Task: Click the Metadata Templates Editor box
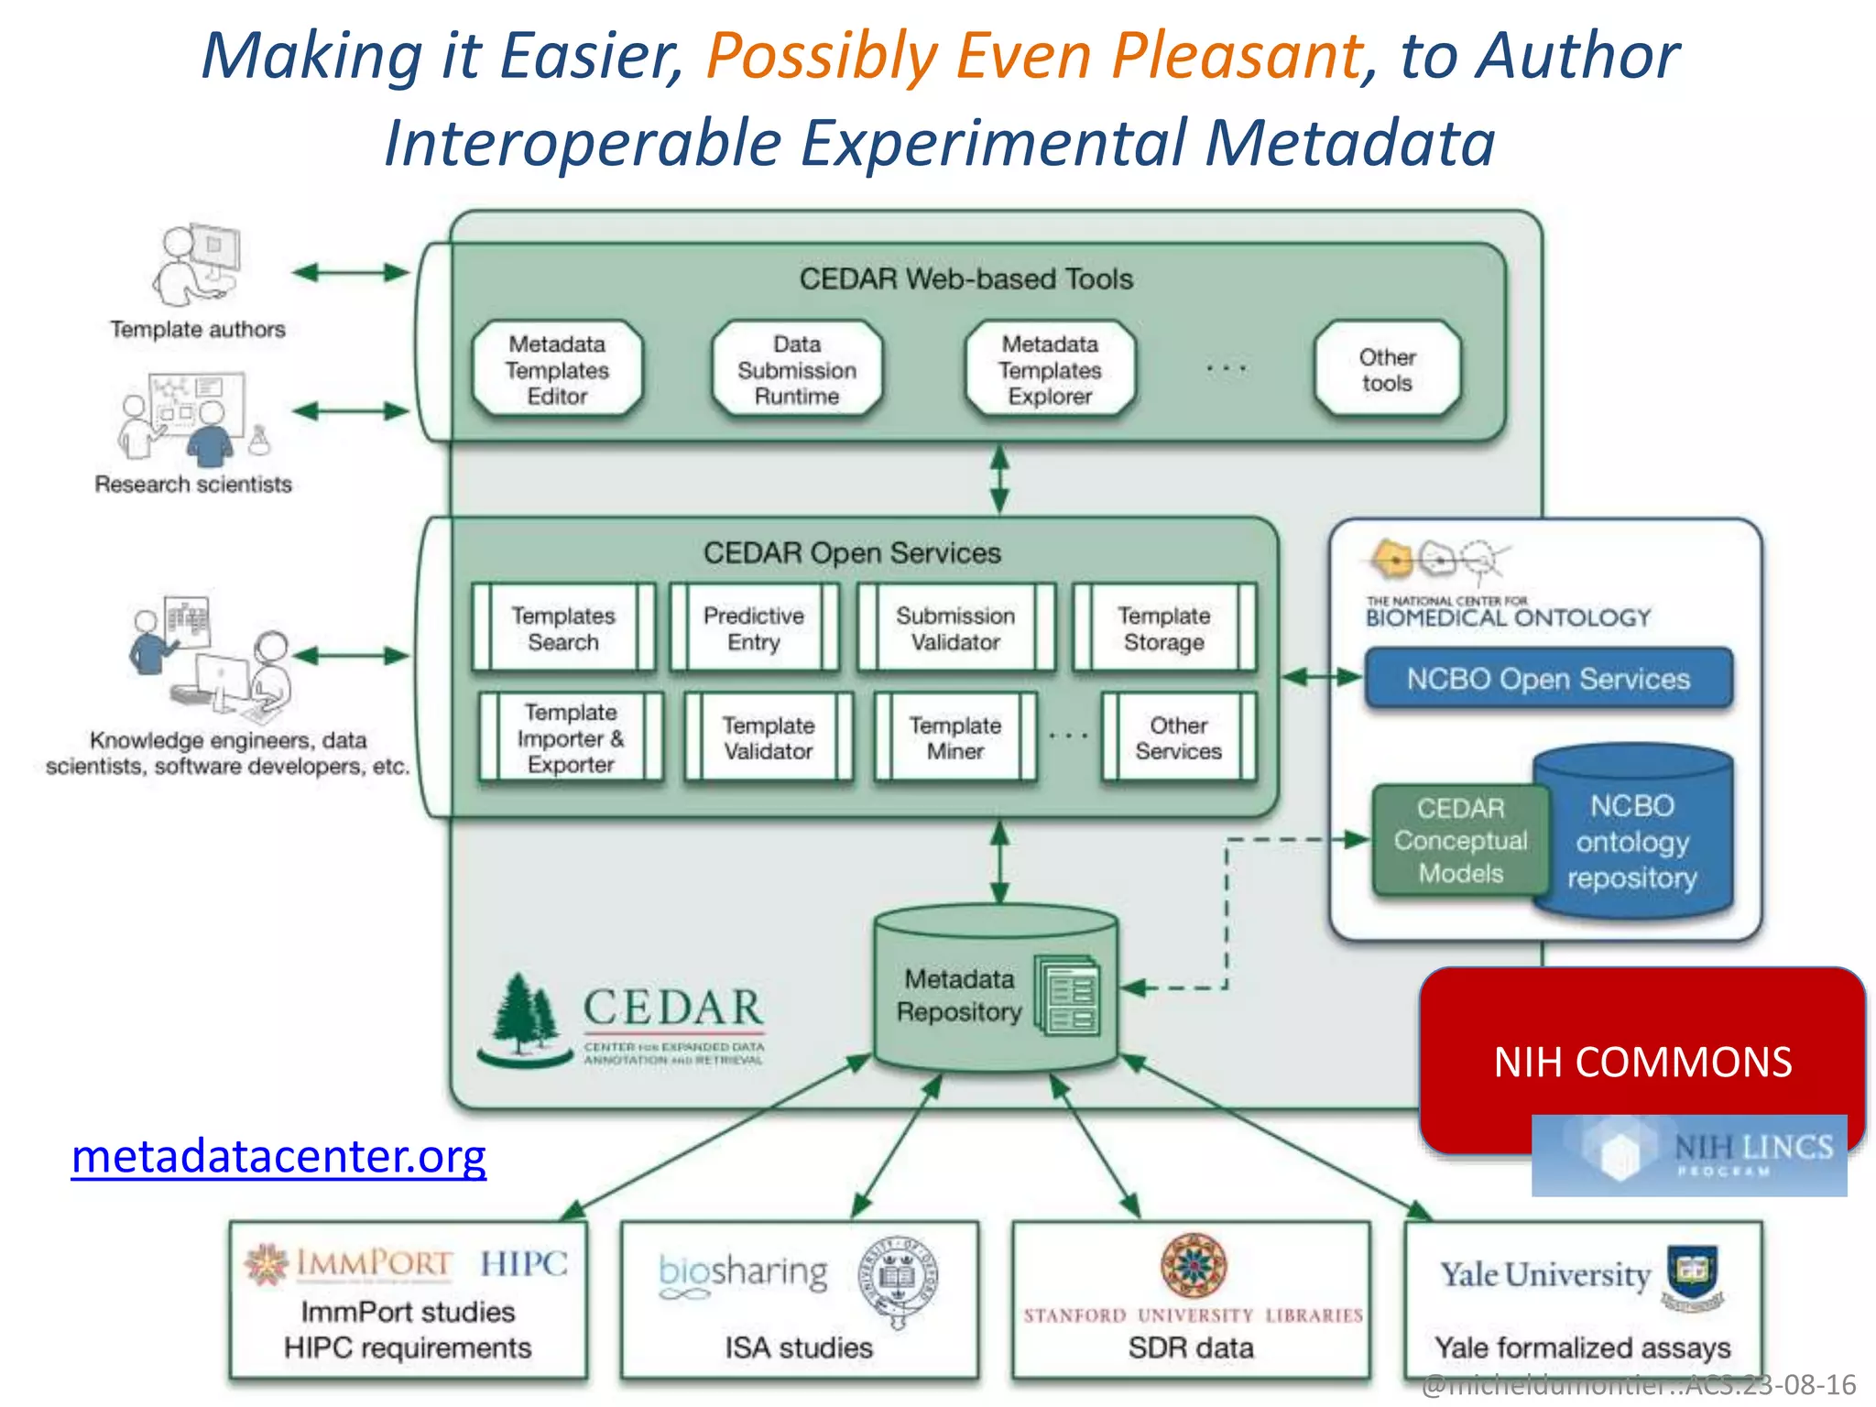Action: [557, 370]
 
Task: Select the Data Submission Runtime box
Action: [797, 370]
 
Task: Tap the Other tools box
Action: [1387, 370]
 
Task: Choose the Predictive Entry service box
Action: [753, 628]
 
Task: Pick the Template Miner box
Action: [954, 737]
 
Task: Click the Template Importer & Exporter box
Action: [570, 737]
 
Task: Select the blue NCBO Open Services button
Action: [1548, 679]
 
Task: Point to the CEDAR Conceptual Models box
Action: [1460, 840]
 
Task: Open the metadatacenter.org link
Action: [278, 1156]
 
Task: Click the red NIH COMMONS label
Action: [1641, 1062]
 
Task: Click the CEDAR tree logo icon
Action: [524, 1017]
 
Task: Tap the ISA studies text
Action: [799, 1347]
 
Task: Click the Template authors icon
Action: [196, 266]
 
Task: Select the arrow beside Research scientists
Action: [350, 411]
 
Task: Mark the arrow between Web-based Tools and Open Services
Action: [999, 479]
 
